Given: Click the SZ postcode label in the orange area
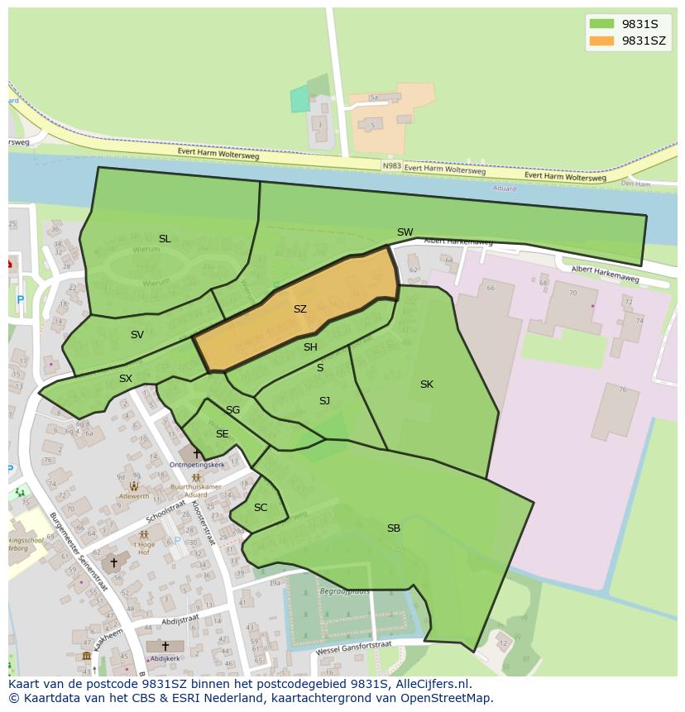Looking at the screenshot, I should click(x=299, y=309).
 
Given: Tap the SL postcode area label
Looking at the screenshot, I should click(x=165, y=239).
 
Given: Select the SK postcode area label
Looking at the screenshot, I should click(x=426, y=384).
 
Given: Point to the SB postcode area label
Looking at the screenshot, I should click(x=394, y=528).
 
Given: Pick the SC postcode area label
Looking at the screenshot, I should click(x=261, y=508).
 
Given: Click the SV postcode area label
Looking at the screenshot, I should click(x=137, y=335).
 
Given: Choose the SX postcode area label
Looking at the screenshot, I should click(x=126, y=379).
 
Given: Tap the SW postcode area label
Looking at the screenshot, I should click(x=405, y=232).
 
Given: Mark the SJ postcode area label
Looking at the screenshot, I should click(x=324, y=401).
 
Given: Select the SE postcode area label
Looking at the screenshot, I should click(x=222, y=434).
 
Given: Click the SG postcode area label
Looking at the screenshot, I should click(x=233, y=410).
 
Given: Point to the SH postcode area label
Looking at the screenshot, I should click(x=310, y=347).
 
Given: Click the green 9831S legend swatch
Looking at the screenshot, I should click(x=601, y=24).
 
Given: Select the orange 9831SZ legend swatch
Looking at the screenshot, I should click(x=601, y=41).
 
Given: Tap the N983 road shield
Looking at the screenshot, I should click(x=392, y=165).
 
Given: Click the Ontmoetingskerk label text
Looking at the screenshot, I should click(x=197, y=466).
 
